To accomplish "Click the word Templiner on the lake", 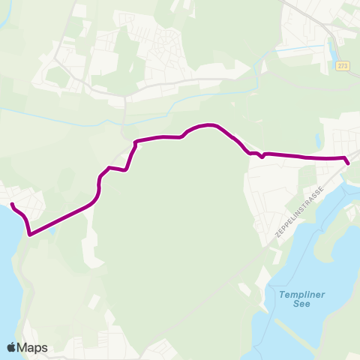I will [301, 295].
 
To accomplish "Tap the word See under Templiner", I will [301, 307].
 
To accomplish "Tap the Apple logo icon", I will [11, 347].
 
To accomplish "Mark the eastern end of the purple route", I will [348, 163].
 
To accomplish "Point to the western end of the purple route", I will [12, 203].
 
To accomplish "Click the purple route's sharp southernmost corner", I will [30, 235].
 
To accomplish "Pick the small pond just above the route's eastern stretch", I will [317, 140].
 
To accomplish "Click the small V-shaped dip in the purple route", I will [262, 157].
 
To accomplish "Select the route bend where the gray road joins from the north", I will [135, 141].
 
